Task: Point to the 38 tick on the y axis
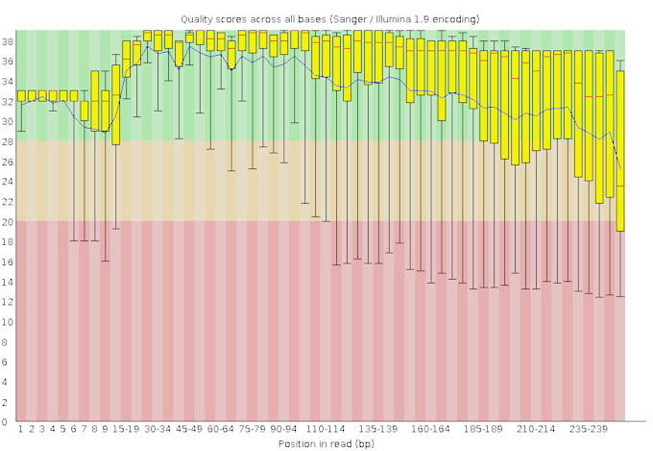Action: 7,41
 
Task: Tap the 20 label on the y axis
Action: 7,221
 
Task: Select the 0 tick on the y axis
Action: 9,422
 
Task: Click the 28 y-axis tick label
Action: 7,141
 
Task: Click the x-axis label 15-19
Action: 126,430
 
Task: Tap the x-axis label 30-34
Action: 157,430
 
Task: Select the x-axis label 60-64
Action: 220,430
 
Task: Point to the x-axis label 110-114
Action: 325,430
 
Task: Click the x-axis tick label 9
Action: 105,430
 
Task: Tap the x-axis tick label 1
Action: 21,430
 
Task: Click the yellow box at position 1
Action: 21,95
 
